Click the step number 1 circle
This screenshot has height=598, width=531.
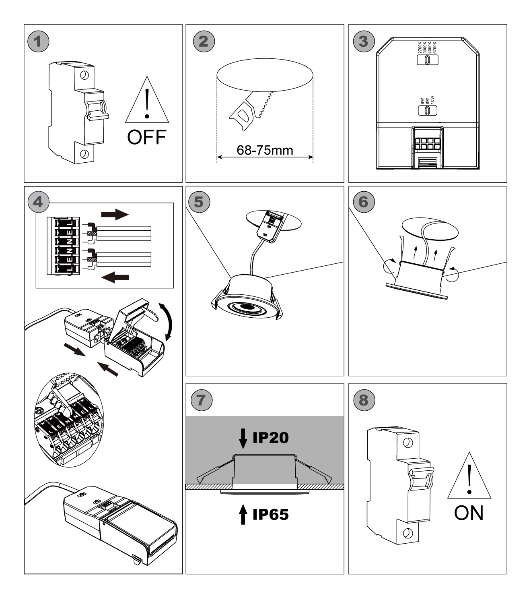(38, 41)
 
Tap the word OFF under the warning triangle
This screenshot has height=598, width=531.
(146, 137)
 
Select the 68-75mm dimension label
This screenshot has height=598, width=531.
(265, 150)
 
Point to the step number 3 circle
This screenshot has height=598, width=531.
(363, 41)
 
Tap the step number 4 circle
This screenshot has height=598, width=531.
(38, 201)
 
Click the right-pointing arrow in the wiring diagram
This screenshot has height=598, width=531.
(116, 214)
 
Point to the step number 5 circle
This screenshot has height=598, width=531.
(199, 201)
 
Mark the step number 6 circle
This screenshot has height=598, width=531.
(363, 201)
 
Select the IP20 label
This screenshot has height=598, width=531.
(270, 438)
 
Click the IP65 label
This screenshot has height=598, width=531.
(270, 514)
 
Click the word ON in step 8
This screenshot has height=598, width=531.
(469, 513)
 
